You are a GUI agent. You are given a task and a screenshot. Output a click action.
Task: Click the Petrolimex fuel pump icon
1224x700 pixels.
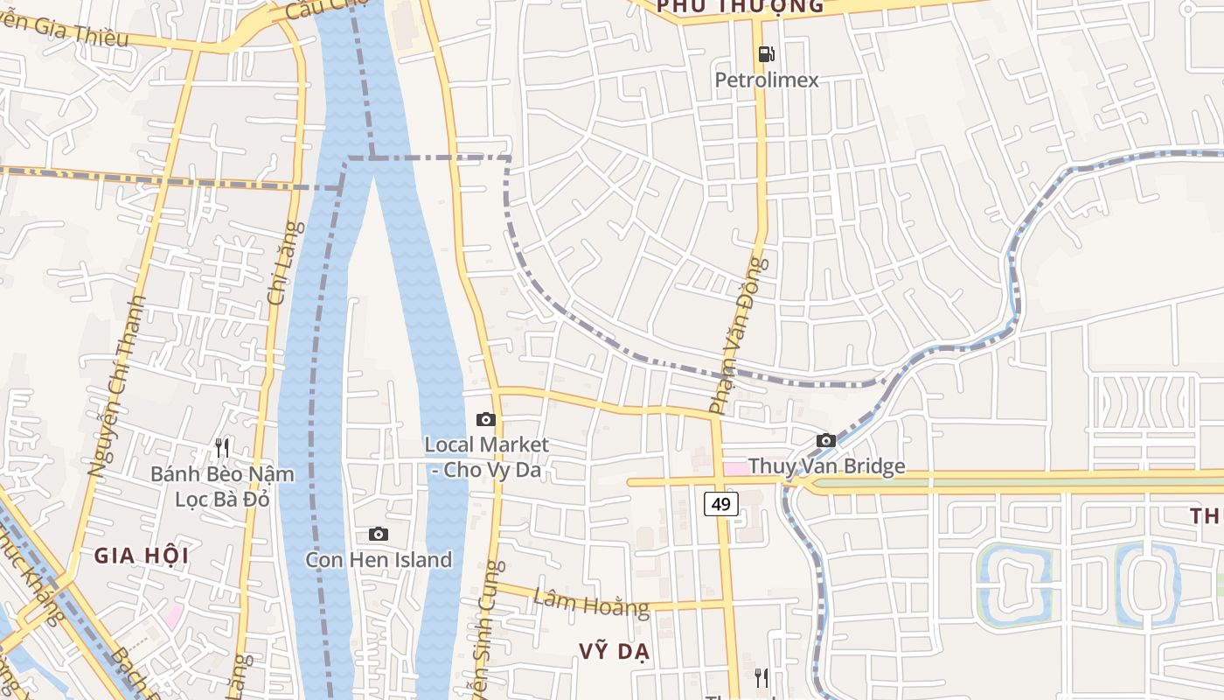(766, 54)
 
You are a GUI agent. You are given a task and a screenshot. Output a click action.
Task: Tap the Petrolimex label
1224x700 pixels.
(767, 80)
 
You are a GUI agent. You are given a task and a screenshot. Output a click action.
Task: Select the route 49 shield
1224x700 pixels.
(720, 504)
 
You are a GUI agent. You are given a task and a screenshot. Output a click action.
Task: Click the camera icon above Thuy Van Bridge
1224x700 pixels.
(825, 440)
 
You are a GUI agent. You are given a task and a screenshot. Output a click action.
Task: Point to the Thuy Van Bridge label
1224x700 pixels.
(826, 466)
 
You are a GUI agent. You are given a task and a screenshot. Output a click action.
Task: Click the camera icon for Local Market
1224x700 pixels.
(485, 420)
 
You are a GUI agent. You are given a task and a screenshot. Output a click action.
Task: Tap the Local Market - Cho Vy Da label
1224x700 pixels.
(486, 457)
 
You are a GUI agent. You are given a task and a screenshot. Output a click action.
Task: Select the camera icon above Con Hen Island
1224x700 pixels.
(379, 534)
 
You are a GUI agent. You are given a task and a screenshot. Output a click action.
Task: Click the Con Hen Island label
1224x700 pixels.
(379, 560)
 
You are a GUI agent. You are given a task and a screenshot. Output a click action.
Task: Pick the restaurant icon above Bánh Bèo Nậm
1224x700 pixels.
(222, 449)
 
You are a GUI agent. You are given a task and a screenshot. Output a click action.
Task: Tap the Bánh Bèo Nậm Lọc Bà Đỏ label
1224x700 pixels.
(222, 486)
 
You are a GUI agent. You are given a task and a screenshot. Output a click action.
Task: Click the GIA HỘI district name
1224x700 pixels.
(141, 556)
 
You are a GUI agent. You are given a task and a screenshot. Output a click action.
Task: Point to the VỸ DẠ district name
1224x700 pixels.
(615, 651)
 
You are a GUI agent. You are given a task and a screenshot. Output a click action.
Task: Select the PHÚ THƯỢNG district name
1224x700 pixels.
(740, 7)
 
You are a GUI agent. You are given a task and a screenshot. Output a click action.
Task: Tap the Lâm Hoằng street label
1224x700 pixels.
(591, 602)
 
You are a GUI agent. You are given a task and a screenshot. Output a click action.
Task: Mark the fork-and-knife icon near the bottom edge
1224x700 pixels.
(762, 677)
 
